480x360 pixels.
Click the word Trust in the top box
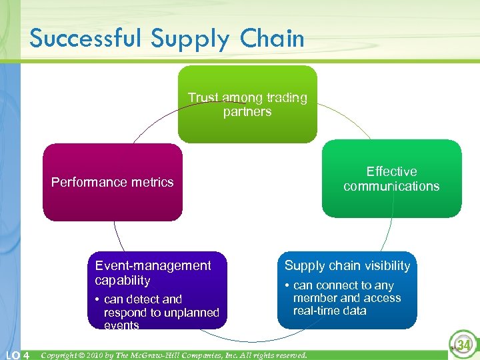pos(203,98)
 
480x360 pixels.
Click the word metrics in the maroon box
pos(150,182)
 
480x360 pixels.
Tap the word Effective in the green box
pos(391,171)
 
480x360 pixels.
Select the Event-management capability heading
pos(153,273)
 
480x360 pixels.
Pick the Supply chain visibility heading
pos(347,265)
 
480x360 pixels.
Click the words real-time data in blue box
pos(330,311)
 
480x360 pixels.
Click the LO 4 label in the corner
pos(17,355)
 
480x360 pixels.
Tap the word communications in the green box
pos(391,187)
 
